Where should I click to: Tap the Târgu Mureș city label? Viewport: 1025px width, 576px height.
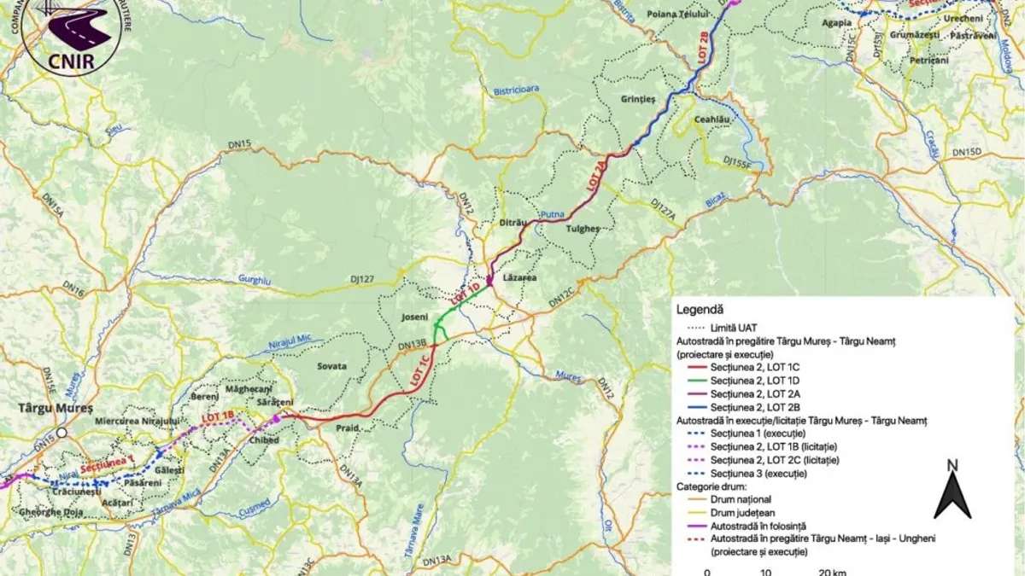[55, 407]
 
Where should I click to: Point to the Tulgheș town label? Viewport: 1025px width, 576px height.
[583, 229]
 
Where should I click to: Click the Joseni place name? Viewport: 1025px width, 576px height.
[414, 317]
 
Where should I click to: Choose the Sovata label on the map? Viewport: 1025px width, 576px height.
[331, 365]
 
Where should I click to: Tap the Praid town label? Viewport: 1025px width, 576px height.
[347, 427]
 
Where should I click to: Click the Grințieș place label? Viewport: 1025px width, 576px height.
[638, 99]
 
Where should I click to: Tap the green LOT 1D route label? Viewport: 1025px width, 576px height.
[466, 294]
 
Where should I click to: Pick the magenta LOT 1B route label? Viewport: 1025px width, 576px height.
[218, 416]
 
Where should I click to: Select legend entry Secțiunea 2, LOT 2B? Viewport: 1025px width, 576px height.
[751, 407]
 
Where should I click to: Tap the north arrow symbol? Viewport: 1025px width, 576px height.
[952, 491]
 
